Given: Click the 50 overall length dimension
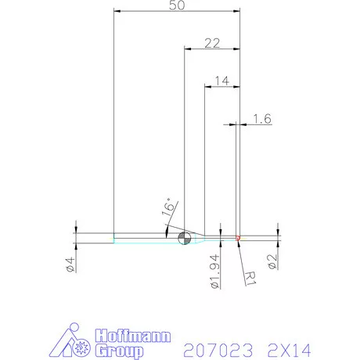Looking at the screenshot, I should point(176,5).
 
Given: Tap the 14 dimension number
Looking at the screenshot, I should point(221,81).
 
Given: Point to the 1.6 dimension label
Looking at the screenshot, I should point(262,119).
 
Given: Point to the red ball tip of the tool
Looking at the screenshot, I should point(237,236).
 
